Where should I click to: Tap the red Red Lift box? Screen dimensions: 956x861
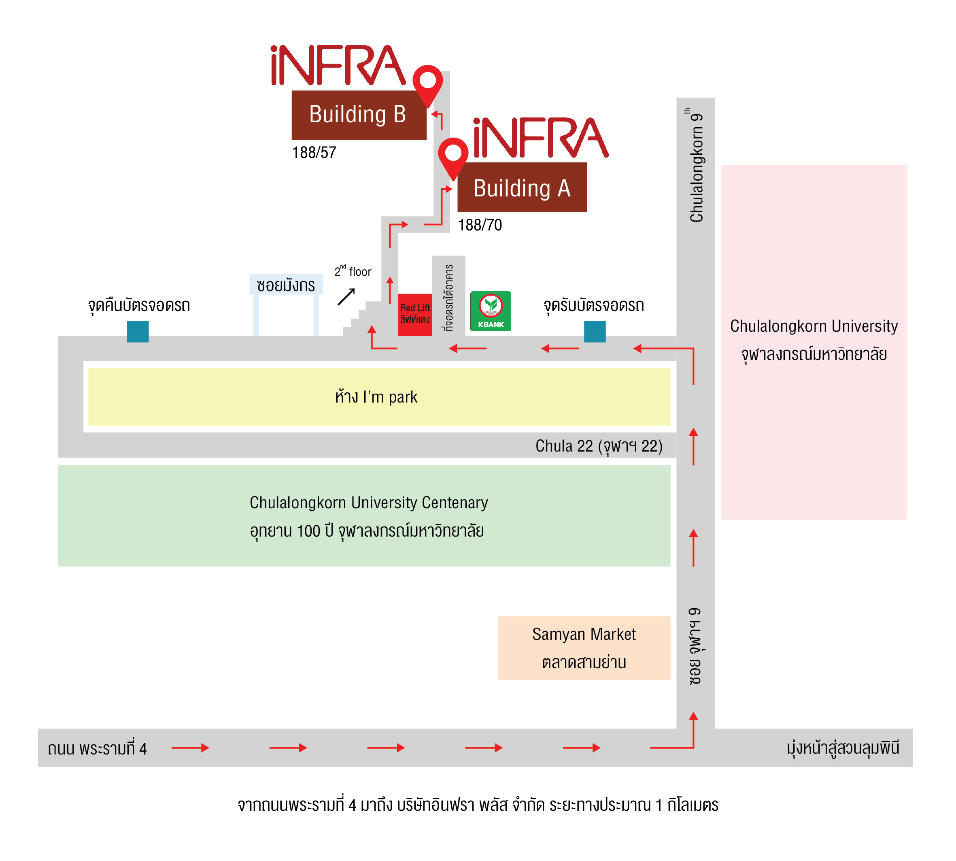[x=414, y=315]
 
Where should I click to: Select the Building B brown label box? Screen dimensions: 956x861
[x=359, y=115]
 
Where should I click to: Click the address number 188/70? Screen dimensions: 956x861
[x=480, y=225]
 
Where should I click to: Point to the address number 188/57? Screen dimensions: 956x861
[x=314, y=152]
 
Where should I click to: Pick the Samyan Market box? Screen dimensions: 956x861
[x=584, y=648]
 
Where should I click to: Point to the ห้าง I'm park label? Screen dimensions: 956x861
[x=376, y=397]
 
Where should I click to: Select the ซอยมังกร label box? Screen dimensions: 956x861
[x=286, y=285]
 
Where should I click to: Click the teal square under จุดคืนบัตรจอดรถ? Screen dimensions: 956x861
[x=138, y=331]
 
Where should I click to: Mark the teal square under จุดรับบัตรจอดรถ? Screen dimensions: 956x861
[x=595, y=331]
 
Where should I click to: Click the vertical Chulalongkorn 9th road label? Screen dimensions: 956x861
[x=695, y=165]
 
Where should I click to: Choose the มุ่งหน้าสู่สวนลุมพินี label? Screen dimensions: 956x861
[x=843, y=748]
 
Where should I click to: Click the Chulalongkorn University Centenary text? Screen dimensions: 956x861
[x=369, y=503]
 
